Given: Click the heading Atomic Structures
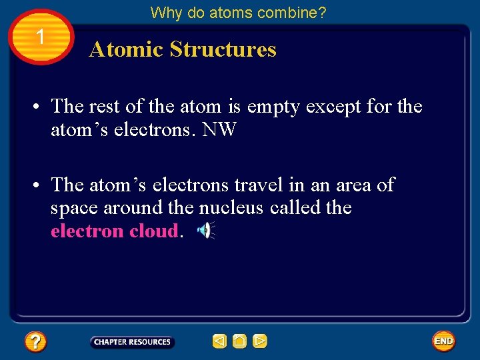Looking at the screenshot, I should (182, 49).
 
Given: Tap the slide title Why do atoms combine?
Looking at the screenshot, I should (238, 12).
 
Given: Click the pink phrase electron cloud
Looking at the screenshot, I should (115, 231).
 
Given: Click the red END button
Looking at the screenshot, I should (443, 341).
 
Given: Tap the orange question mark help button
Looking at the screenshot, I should (35, 342).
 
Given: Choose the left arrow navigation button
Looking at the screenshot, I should (219, 341).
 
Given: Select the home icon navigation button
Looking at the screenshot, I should (240, 341).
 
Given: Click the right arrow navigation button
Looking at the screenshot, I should (260, 341).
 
